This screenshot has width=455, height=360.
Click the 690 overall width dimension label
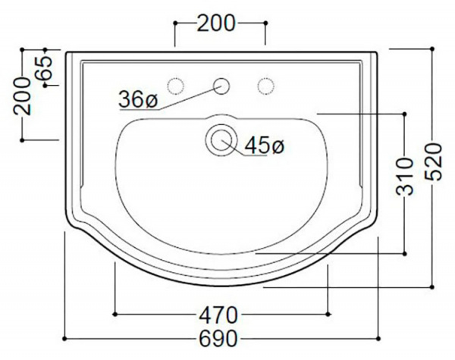pyautogui.click(x=218, y=339)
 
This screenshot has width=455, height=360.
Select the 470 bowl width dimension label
pyautogui.click(x=218, y=315)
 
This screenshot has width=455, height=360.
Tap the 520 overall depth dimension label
pyautogui.click(x=433, y=162)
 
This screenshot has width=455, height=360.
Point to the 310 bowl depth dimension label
pyautogui.click(x=404, y=177)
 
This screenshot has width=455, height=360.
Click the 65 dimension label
pyautogui.click(x=43, y=68)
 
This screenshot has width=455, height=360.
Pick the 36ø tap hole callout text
pyautogui.click(x=138, y=99)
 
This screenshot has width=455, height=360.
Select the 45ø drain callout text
pyautogui.click(x=265, y=146)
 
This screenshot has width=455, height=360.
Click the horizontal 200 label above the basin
pyautogui.click(x=216, y=23)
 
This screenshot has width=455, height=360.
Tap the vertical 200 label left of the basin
pyautogui.click(x=22, y=96)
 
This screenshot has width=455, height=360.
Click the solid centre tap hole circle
pyautogui.click(x=221, y=86)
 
